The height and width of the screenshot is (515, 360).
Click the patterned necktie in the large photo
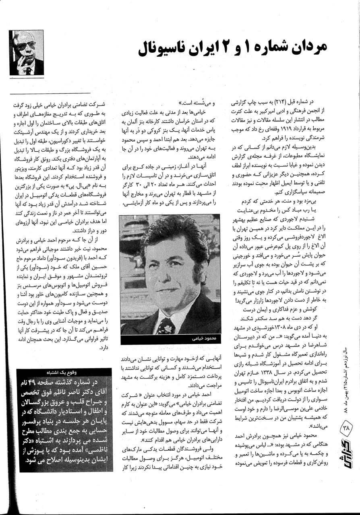point(166,325)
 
